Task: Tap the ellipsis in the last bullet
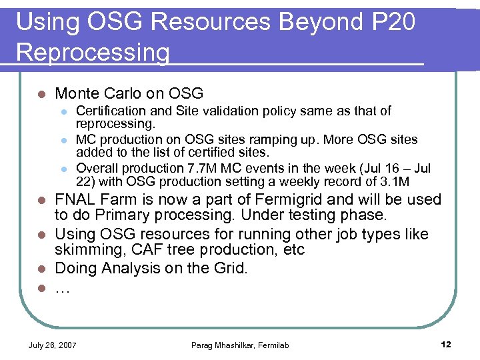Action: (62, 288)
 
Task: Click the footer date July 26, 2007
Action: (52, 345)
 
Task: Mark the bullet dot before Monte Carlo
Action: (42, 94)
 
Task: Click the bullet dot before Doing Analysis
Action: (42, 269)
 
